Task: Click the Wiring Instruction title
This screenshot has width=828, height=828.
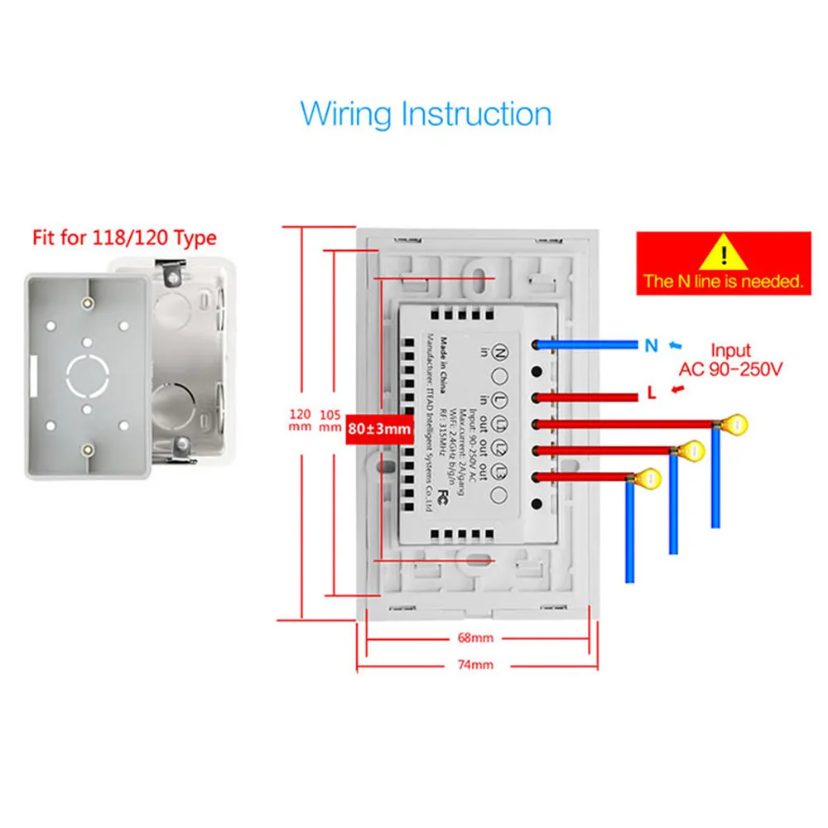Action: (426, 113)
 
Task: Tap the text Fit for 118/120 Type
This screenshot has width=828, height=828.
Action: (124, 238)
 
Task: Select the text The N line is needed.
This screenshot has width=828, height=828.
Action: (723, 282)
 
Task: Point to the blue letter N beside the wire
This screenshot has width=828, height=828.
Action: (652, 345)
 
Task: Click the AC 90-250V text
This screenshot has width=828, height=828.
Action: (730, 368)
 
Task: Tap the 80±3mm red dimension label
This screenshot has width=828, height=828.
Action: (379, 429)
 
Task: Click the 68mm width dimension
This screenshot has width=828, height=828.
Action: (474, 638)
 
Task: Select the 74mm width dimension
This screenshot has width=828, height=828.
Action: (474, 665)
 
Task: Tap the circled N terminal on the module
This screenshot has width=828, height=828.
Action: (501, 352)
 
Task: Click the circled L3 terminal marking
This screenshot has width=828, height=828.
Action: (500, 471)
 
